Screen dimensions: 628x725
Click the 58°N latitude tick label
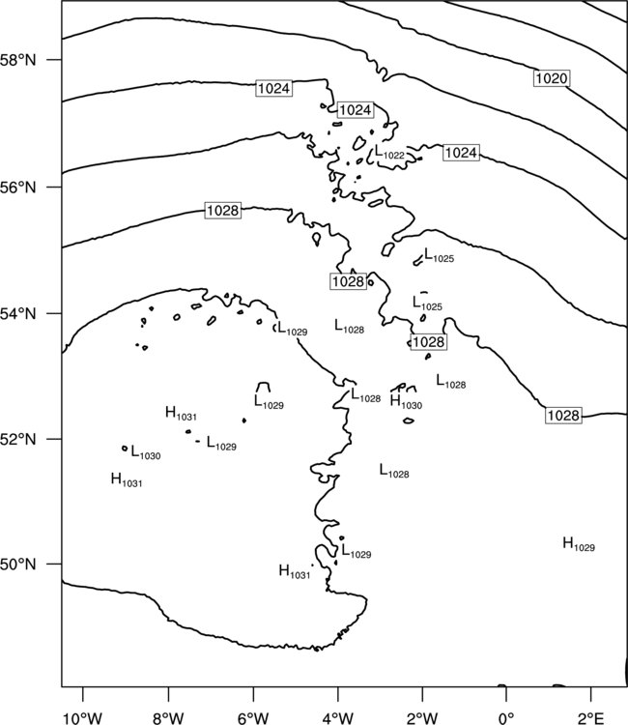tap(18, 60)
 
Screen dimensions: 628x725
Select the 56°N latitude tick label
tap(18, 188)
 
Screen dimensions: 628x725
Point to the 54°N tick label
tap(18, 314)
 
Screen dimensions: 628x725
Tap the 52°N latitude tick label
tap(18, 439)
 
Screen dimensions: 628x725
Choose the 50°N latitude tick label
tap(18, 565)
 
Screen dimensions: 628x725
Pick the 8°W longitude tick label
tap(168, 718)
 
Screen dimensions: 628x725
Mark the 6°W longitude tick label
tap(253, 718)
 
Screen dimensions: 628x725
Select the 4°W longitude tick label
tap(338, 718)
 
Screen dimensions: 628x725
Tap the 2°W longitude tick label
tap(422, 718)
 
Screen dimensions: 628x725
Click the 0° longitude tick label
tap(506, 718)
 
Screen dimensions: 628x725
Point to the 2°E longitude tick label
tap(591, 718)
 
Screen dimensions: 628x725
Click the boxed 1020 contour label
tap(552, 78)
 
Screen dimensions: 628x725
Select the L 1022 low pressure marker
tap(389, 153)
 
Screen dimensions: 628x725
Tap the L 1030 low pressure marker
tap(146, 452)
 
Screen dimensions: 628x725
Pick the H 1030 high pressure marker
tap(406, 402)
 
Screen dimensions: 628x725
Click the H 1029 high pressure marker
tap(579, 544)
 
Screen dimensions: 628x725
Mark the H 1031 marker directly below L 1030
tap(127, 479)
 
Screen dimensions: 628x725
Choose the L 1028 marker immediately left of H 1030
tap(365, 395)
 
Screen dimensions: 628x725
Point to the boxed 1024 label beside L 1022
tap(461, 153)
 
